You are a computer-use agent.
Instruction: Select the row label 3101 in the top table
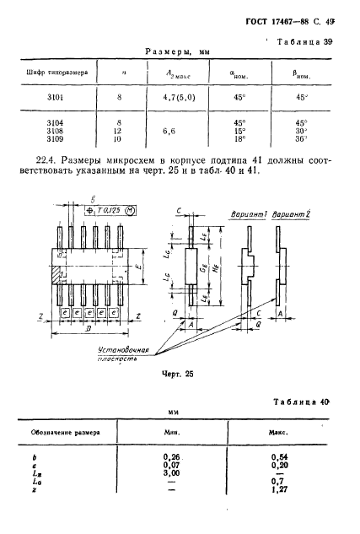click(x=51, y=97)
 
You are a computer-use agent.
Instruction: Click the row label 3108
click(x=51, y=132)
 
